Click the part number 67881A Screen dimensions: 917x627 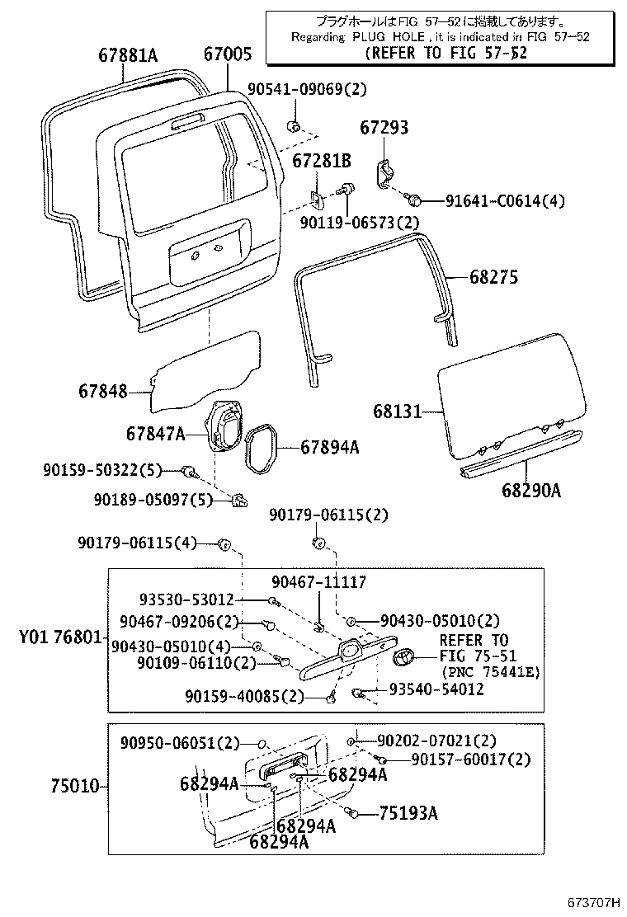pyautogui.click(x=127, y=56)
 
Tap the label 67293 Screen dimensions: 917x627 pyautogui.click(x=384, y=128)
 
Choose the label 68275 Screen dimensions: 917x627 pyautogui.click(x=494, y=278)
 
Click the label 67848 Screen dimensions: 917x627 pyautogui.click(x=104, y=391)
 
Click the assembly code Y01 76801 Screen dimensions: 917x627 pyautogui.click(x=61, y=638)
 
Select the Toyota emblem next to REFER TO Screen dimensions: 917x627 pyautogui.click(x=404, y=657)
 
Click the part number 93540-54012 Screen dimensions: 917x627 pyautogui.click(x=436, y=689)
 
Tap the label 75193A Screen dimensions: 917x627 pyautogui.click(x=408, y=814)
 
